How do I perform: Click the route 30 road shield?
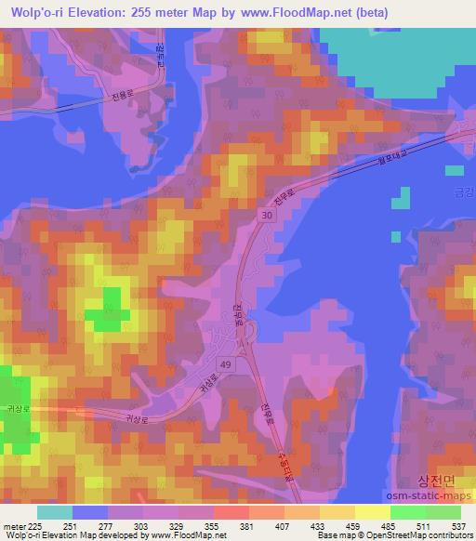[x=266, y=215]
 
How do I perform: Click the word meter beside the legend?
[x=12, y=525]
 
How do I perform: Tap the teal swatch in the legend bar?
[x=55, y=512]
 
